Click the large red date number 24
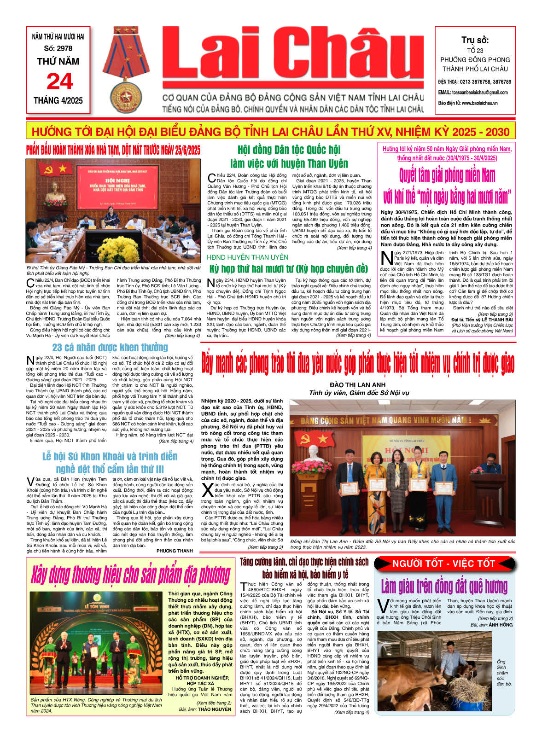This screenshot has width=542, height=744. pos(59,81)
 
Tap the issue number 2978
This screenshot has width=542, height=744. pos(64,48)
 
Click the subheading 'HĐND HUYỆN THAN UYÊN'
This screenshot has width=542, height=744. pos(248,257)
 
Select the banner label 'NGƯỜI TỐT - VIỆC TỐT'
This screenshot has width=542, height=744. pos(443,564)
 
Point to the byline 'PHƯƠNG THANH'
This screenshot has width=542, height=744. pos(175,551)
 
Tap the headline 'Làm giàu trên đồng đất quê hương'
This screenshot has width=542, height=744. pos(444,586)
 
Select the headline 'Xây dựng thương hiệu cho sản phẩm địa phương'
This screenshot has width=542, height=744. pos(131,575)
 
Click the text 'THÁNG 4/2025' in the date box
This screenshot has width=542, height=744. pos(58,100)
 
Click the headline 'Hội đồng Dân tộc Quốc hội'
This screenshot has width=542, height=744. pos(289,150)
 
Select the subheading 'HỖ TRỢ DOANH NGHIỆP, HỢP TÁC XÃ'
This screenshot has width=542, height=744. pos(202,680)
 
